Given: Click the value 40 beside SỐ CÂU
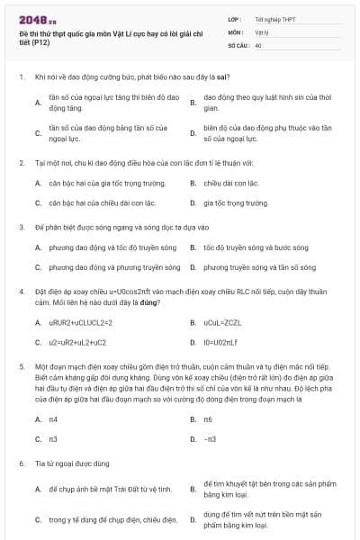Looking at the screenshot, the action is tap(258, 44).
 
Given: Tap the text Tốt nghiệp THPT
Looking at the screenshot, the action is tap(273, 18).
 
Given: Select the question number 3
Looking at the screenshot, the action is tap(21, 228).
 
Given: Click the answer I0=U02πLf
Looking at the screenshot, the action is tap(220, 342).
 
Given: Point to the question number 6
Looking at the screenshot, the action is tap(21, 463).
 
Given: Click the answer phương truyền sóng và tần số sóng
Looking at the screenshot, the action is tap(259, 267).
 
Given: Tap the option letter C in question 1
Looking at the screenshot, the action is tap(38, 133).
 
